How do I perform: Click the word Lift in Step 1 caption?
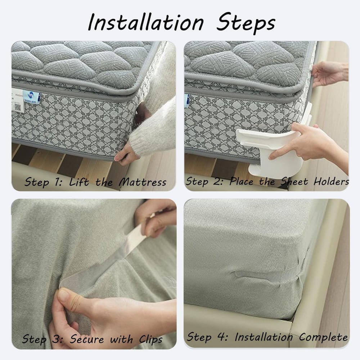79,181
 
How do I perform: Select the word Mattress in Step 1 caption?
143,181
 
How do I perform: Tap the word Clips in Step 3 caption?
150,339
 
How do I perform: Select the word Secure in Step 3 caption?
87,339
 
